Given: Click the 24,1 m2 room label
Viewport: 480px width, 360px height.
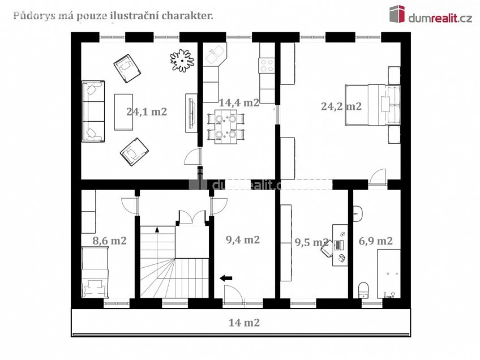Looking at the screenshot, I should click(147, 112).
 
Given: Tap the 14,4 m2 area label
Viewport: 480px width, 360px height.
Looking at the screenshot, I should click(239, 102).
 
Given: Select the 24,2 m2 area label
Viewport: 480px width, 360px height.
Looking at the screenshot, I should click(341, 106).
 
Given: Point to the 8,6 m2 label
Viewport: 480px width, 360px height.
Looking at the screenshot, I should click(109, 241).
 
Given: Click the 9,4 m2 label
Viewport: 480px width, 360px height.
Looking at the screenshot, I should click(243, 239).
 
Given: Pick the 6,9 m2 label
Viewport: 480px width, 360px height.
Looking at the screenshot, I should click(376, 241).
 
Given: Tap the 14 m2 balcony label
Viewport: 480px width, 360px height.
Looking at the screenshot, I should click(244, 323).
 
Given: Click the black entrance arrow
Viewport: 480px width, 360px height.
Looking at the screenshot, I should click(226, 277).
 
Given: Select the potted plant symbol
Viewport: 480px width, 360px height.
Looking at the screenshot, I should click(182, 58).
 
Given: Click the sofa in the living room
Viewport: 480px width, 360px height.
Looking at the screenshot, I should click(93, 112).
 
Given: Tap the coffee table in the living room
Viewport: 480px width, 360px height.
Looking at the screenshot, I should click(123, 112).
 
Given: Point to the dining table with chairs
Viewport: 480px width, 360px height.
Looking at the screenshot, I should click(226, 127).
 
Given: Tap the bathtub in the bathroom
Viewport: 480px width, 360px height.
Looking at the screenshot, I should click(388, 273).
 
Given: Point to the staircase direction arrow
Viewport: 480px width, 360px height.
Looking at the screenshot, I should click(157, 229).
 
